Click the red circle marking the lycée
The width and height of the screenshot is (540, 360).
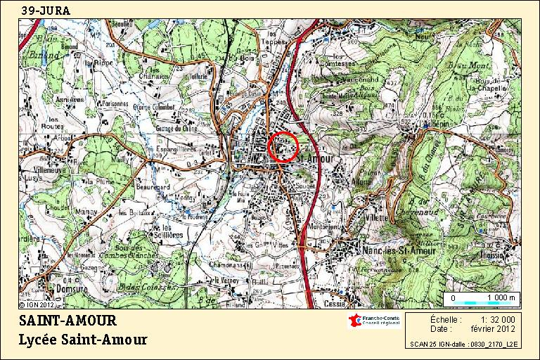[283, 146]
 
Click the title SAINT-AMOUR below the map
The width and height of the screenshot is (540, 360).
[67, 322]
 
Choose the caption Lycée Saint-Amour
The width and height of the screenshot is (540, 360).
[83, 340]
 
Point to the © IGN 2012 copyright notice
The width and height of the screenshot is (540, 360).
[37, 305]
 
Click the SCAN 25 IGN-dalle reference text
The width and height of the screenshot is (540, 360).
[463, 345]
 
